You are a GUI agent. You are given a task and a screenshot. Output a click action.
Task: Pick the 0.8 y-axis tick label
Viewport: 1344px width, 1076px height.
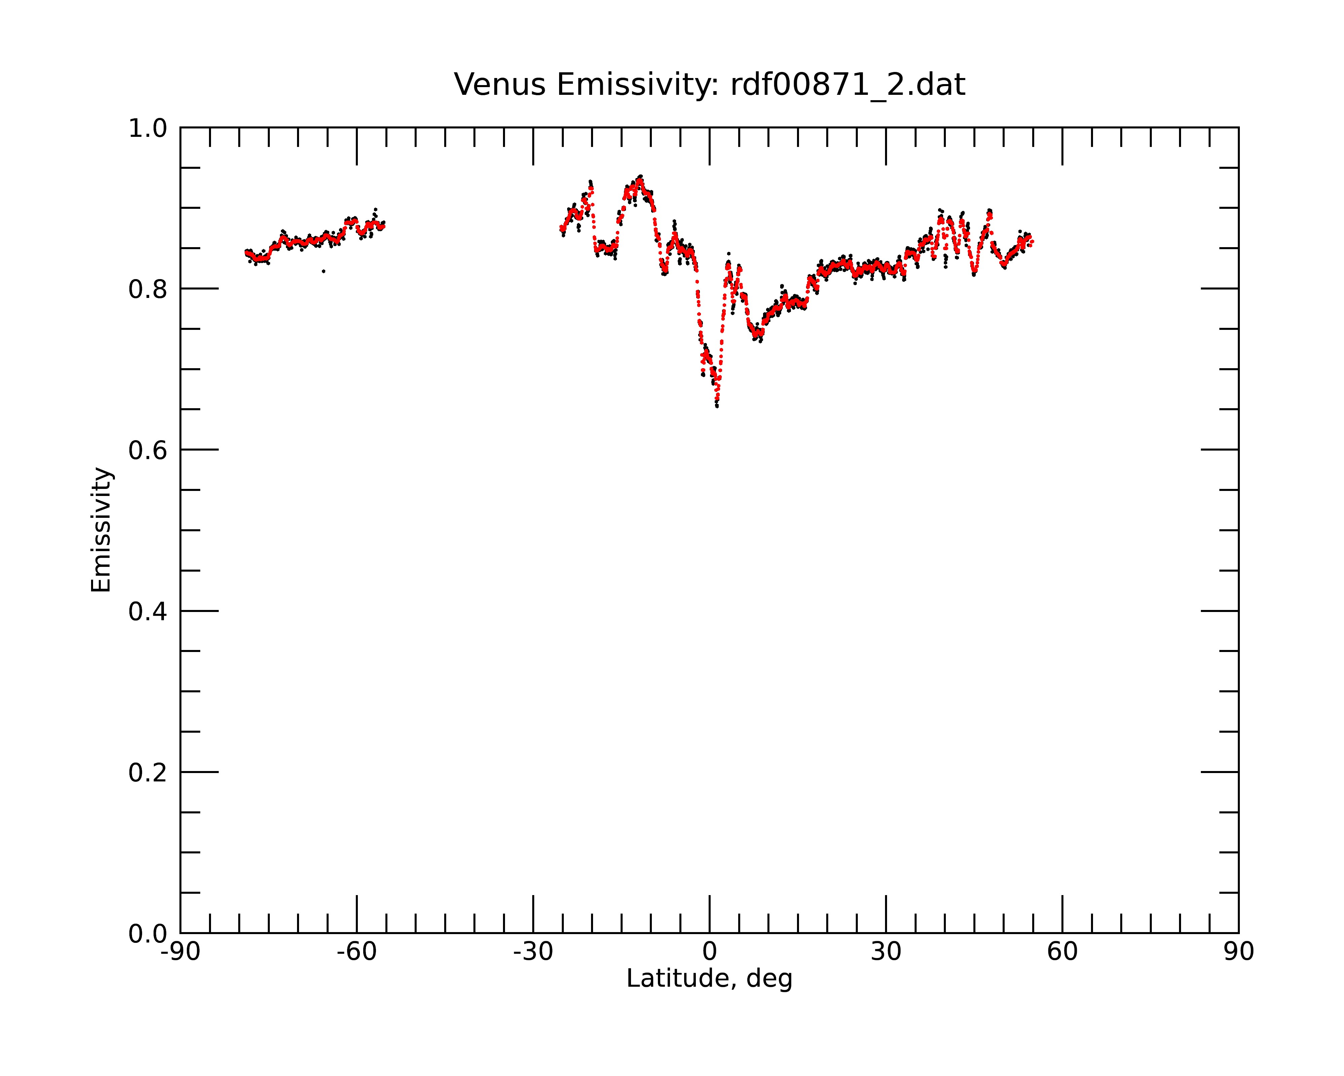pyautogui.click(x=148, y=290)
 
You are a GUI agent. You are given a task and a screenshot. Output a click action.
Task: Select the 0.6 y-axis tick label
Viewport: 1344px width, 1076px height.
pyautogui.click(x=148, y=450)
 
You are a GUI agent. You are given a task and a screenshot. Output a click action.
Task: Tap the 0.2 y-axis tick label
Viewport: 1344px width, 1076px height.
pyautogui.click(x=148, y=773)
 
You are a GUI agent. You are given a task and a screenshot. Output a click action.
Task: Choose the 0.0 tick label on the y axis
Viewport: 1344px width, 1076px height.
pyautogui.click(x=148, y=934)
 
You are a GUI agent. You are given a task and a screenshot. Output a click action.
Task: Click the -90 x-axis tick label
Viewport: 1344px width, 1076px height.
pyautogui.click(x=180, y=952)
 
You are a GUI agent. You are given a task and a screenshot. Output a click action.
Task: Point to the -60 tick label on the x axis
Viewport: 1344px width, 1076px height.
pyautogui.click(x=356, y=952)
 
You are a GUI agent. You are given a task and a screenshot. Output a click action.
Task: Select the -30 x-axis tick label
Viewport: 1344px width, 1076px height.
pyautogui.click(x=533, y=952)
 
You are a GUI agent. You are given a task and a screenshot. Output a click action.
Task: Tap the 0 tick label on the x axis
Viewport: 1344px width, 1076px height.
pyautogui.click(x=709, y=952)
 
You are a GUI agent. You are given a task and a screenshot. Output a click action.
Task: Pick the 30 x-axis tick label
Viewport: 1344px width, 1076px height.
pyautogui.click(x=886, y=952)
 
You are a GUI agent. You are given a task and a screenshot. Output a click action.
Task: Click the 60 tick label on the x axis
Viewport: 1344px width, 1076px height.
pyautogui.click(x=1062, y=952)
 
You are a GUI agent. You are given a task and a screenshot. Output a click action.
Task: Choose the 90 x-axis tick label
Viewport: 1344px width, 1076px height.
pyautogui.click(x=1238, y=952)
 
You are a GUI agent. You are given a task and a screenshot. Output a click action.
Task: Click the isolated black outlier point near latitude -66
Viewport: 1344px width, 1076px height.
pyautogui.click(x=324, y=271)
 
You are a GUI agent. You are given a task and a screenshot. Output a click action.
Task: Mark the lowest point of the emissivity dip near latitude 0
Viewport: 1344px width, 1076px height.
pyautogui.click(x=717, y=406)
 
